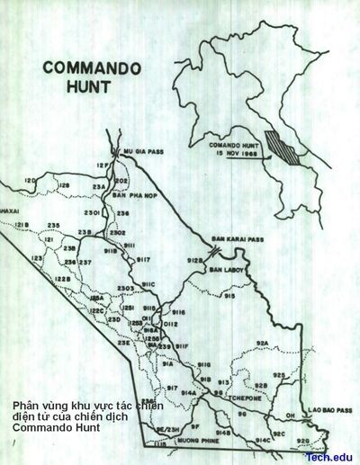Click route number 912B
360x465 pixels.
click(x=194, y=261)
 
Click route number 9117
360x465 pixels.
click(x=142, y=259)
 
